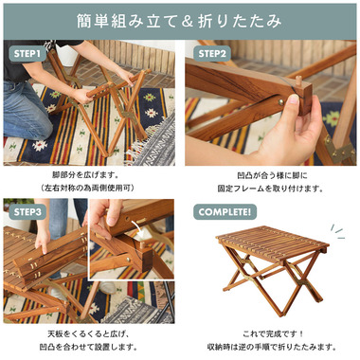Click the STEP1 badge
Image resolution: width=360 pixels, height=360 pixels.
27,54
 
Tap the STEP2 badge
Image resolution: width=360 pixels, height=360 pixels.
212,54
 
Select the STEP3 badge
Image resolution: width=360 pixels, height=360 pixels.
27,212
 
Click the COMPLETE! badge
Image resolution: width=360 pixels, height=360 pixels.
225,212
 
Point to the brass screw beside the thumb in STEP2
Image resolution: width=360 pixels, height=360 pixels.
280,102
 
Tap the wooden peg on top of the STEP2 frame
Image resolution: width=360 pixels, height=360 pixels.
297,81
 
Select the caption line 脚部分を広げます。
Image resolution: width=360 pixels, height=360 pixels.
85,174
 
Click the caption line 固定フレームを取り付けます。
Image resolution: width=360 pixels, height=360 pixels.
270,189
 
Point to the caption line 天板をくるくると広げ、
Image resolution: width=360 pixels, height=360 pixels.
88,333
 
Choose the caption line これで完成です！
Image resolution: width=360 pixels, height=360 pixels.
273,333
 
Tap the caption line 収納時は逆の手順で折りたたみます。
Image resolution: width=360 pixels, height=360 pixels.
272,347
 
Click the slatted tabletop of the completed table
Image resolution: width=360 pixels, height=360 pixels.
272,243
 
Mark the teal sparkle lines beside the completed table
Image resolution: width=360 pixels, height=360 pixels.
337,231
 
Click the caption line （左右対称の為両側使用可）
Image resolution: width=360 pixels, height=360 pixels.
87,189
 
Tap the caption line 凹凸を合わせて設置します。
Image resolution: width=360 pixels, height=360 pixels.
88,347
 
